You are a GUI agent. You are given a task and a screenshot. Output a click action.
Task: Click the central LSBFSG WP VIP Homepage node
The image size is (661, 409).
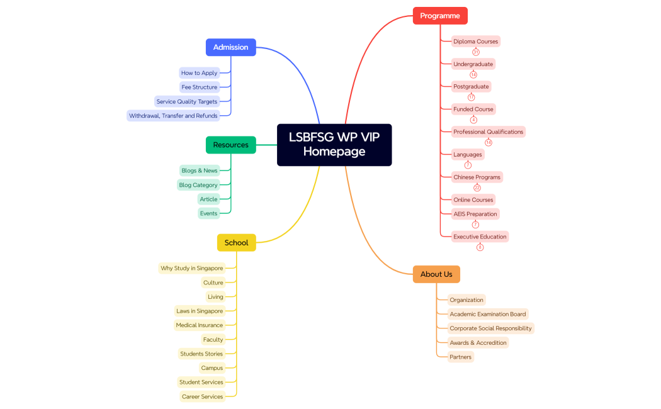coord(334,145)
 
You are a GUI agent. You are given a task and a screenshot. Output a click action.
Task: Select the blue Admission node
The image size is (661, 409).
coord(230,47)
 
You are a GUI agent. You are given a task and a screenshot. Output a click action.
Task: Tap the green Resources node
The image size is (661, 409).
coord(230,145)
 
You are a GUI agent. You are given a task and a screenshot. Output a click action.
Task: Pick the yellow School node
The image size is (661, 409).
coord(236,242)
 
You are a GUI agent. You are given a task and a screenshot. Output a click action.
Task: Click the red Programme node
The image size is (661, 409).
coord(440,16)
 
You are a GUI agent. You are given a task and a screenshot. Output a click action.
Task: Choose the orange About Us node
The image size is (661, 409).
coord(436,274)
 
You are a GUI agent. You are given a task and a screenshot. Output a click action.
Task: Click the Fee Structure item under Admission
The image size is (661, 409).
coord(200,87)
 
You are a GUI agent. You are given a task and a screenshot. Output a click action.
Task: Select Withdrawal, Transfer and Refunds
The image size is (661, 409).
coord(173,116)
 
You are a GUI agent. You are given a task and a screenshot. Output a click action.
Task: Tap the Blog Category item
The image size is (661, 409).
coord(198,185)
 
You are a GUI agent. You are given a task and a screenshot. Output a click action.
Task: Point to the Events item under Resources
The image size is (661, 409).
coord(208,213)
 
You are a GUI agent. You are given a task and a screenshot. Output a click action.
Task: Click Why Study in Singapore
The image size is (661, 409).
coord(191,268)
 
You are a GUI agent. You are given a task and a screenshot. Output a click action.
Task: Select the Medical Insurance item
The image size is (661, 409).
coord(199,325)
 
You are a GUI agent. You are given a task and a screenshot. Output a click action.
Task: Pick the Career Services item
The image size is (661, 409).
coord(202,396)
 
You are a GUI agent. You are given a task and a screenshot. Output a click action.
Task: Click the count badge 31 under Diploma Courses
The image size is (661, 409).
coord(476,52)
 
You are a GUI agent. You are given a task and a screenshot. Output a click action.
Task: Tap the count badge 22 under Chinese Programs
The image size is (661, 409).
coord(477,188)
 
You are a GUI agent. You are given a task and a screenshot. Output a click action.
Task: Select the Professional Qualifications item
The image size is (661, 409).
coord(488,132)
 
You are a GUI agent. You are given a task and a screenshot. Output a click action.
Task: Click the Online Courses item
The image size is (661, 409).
coord(473,199)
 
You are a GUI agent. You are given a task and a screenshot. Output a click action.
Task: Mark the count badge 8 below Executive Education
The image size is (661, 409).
coord(480,247)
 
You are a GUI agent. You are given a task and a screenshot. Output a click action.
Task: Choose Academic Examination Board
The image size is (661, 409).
coord(487,314)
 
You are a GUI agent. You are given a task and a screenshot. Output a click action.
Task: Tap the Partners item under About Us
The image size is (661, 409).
coord(460,357)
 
